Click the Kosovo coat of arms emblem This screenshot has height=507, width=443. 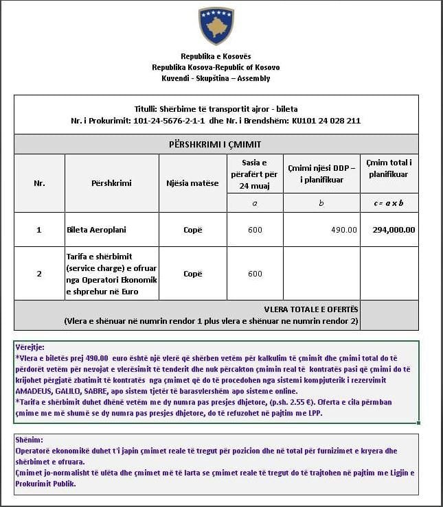(x=216, y=26)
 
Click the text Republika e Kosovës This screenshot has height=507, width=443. (x=216, y=56)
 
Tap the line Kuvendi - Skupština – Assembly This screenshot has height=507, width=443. (x=216, y=78)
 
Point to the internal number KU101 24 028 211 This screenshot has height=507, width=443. (x=326, y=121)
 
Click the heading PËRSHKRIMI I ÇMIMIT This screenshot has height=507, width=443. (x=216, y=145)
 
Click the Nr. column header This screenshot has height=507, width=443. (x=39, y=183)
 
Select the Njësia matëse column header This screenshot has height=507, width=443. (x=192, y=183)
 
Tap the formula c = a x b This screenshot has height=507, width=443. (x=389, y=203)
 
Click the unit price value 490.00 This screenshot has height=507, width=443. (x=344, y=230)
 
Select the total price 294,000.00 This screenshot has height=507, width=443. (x=394, y=230)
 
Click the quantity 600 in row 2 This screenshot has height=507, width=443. (x=255, y=274)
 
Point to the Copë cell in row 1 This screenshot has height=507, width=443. (x=193, y=230)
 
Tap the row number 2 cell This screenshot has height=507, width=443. (x=39, y=274)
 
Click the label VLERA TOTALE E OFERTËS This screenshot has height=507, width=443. (x=310, y=309)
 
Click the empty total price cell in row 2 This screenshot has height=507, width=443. (x=389, y=274)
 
